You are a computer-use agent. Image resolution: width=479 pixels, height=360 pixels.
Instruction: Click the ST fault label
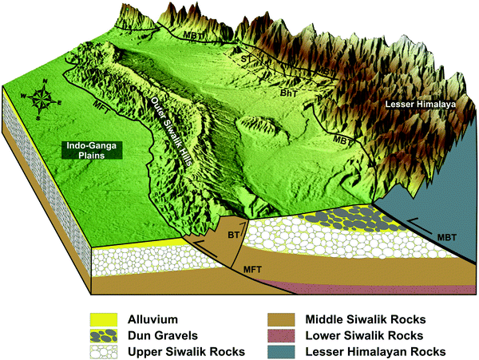click(x=246, y=60)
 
